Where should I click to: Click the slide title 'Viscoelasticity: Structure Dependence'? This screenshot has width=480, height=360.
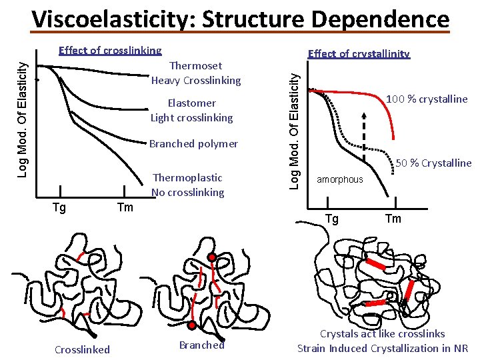click(241, 19)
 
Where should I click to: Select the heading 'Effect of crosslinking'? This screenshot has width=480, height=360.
click(110, 50)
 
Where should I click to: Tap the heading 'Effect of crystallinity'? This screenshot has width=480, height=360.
click(358, 54)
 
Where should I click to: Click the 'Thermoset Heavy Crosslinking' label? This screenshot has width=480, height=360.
click(196, 73)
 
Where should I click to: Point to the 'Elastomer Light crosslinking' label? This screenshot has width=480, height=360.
click(192, 110)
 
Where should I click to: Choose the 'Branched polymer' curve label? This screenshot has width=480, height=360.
click(193, 143)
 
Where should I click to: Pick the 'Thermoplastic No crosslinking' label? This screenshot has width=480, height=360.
click(188, 185)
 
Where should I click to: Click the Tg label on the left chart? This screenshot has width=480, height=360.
click(59, 207)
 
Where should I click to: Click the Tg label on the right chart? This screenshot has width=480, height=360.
click(331, 219)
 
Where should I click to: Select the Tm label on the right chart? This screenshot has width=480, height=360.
click(393, 219)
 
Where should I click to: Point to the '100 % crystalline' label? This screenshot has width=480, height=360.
click(427, 99)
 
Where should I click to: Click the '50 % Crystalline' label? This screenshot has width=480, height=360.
click(433, 163)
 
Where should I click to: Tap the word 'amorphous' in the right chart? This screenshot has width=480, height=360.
click(340, 179)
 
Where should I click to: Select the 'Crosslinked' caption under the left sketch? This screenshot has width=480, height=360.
click(82, 349)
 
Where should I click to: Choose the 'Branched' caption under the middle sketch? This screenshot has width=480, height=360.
click(202, 345)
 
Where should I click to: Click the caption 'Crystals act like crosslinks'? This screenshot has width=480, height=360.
click(383, 333)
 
